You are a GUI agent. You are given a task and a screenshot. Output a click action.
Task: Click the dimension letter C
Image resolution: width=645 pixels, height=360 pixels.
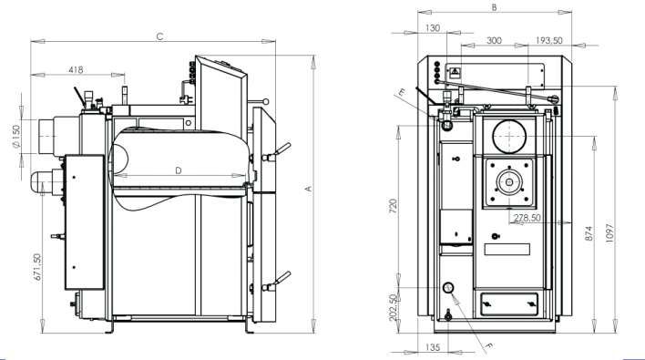click(x=159, y=36)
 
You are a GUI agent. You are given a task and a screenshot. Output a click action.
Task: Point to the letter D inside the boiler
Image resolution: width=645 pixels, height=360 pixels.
click(x=179, y=170)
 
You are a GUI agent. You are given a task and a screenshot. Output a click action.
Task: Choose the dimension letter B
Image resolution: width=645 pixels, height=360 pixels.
click(x=494, y=7)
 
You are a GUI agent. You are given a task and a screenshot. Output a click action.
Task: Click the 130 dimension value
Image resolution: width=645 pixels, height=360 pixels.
click(x=433, y=28)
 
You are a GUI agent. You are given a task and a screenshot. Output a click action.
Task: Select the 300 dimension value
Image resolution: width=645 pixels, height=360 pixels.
click(x=495, y=41)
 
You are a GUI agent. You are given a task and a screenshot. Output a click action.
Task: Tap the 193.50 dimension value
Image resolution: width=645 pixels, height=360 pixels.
click(x=549, y=41)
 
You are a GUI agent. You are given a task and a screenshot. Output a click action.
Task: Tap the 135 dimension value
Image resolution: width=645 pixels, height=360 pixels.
click(x=433, y=347)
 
